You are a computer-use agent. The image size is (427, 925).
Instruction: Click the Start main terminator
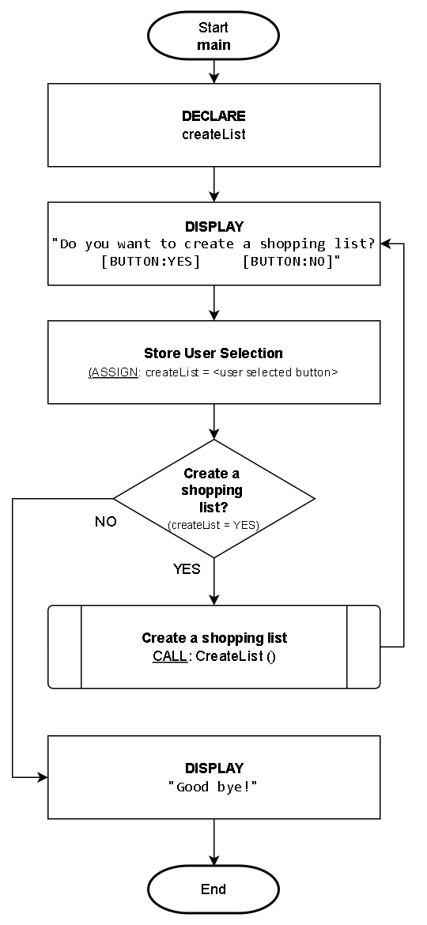[213, 36]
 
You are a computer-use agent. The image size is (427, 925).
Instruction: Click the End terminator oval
[213, 889]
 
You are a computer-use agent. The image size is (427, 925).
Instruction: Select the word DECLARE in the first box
[213, 116]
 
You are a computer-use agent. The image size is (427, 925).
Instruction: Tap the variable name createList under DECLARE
[213, 134]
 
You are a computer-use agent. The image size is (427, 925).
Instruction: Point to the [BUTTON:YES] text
[151, 261]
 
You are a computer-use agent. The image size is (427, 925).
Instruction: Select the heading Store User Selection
[213, 353]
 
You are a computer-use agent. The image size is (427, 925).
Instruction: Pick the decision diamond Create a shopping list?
[213, 498]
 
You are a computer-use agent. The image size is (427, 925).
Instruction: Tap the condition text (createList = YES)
[213, 525]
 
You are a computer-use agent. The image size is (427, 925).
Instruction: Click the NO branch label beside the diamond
[105, 522]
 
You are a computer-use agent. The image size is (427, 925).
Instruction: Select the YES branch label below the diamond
[187, 569]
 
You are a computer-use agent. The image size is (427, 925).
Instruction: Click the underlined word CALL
[168, 656]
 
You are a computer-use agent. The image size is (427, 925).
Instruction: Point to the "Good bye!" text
[213, 787]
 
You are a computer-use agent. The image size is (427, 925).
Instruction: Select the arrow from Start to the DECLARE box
[213, 71]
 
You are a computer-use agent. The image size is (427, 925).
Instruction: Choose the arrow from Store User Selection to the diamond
[213, 421]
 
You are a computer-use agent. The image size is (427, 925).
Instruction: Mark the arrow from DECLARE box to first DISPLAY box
[213, 184]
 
